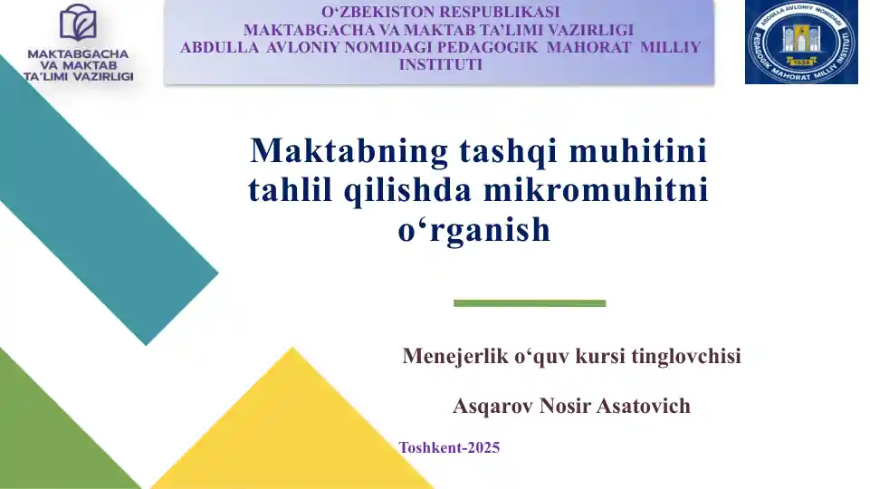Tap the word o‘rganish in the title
tap(474, 230)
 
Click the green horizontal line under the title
tap(530, 302)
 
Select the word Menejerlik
tap(454, 356)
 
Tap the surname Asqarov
tap(492, 406)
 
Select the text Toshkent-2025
tap(449, 447)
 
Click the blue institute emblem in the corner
tap(801, 43)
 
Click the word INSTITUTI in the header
tap(440, 64)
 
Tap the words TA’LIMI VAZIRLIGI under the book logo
tap(80, 77)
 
